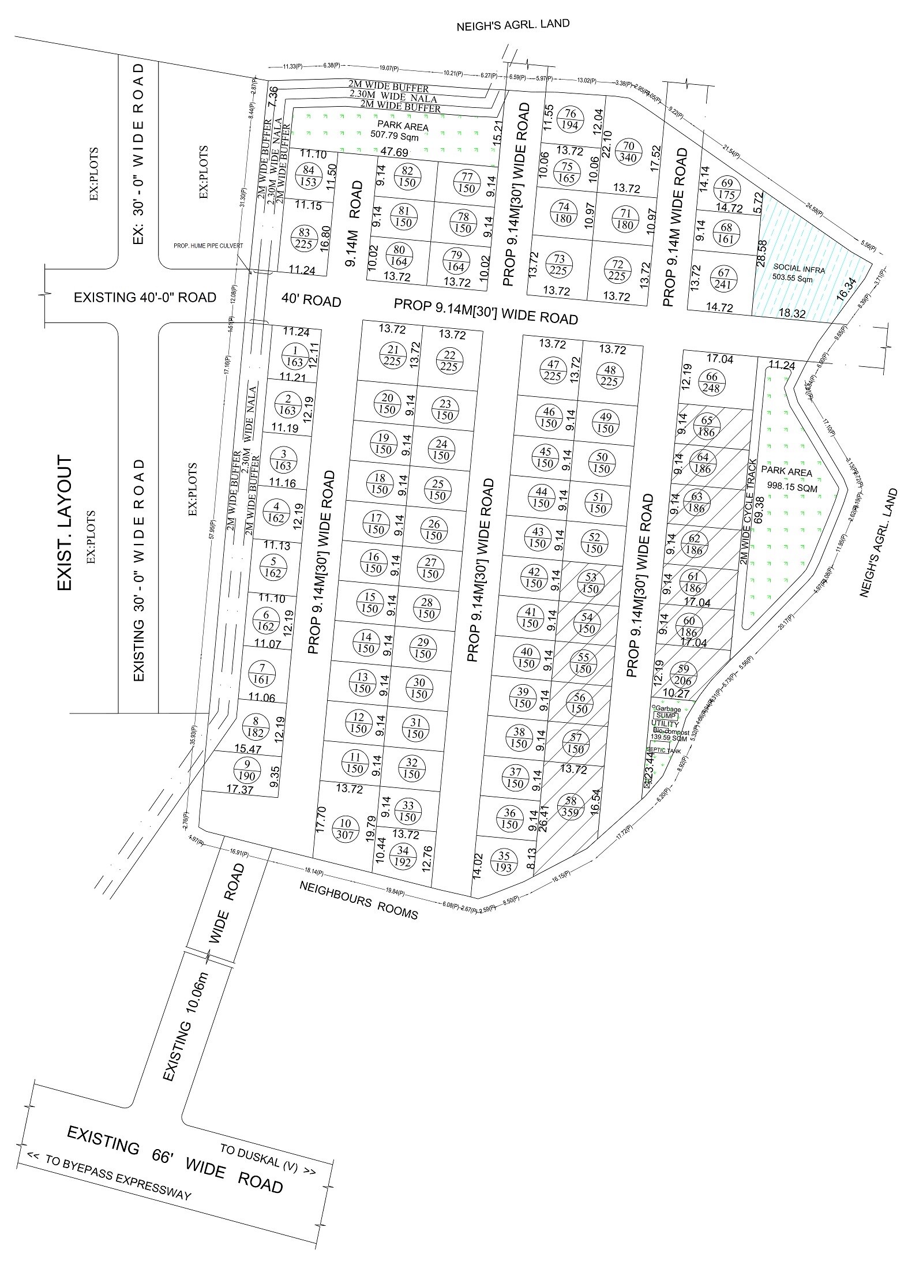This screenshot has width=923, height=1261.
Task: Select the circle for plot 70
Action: coord(629,152)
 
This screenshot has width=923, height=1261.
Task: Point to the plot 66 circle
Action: coord(711,382)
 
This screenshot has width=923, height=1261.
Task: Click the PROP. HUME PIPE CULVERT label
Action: coord(208,246)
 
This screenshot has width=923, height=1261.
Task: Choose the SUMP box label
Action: coord(665,716)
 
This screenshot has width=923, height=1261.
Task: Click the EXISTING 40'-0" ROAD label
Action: coord(145,298)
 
